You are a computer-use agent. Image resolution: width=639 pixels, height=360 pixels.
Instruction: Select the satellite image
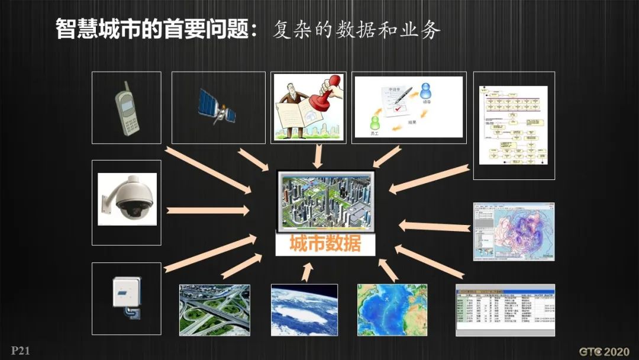(217, 107)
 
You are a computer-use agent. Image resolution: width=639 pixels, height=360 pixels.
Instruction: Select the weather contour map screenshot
(514, 232)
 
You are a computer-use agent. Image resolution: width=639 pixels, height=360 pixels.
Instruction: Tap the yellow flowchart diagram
(514, 126)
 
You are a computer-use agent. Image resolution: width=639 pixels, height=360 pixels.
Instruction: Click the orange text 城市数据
(325, 244)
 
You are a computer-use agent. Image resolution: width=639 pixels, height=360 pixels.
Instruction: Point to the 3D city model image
(325, 201)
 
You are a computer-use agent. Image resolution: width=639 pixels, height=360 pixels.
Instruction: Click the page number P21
(20, 351)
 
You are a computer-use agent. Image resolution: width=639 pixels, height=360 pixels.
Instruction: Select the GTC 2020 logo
(603, 351)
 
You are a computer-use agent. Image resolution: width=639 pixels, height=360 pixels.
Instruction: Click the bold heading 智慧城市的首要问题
(156, 29)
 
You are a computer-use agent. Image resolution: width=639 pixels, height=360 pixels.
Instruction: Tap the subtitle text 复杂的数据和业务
(356, 30)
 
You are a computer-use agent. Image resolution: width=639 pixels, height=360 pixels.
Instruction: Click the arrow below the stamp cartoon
(318, 156)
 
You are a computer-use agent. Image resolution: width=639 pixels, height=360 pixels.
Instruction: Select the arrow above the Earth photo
(307, 272)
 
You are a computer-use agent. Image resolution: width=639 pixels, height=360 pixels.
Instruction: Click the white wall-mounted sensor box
(127, 293)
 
